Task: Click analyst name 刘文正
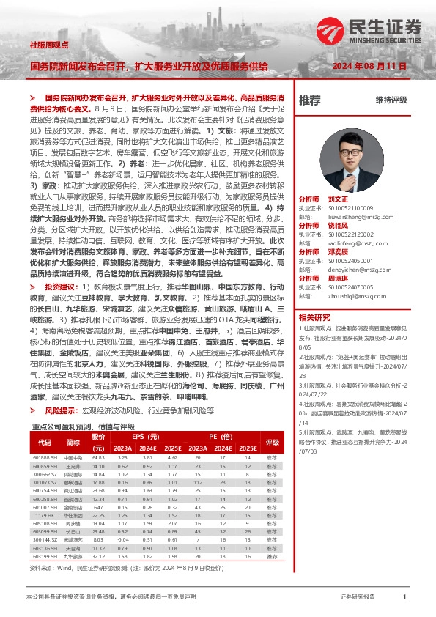[x=337, y=199]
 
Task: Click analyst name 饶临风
[x=337, y=226]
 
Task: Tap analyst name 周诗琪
[x=337, y=278]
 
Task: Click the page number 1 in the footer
[x=404, y=597]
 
